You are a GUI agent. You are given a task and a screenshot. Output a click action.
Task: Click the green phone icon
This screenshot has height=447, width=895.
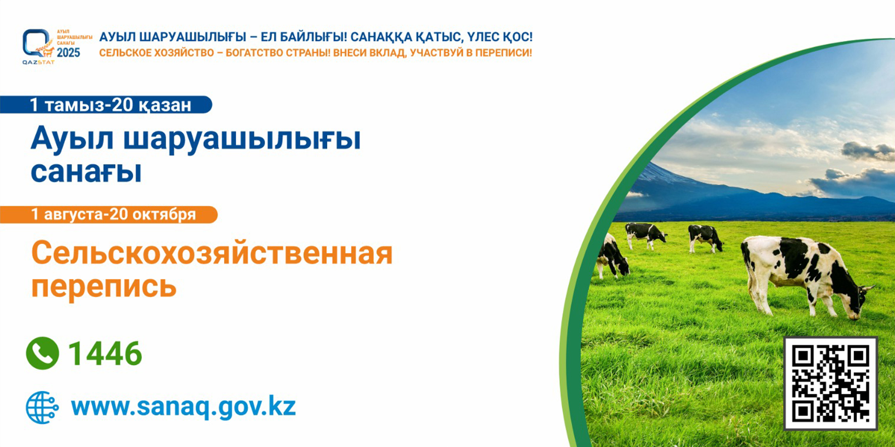click(x=42, y=353)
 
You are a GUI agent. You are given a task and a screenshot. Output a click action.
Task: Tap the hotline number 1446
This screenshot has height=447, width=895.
click(x=105, y=353)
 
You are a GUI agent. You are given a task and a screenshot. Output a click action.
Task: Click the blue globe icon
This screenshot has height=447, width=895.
click(x=42, y=407)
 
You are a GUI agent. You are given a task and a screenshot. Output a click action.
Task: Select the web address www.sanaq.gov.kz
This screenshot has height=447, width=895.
click(x=183, y=407)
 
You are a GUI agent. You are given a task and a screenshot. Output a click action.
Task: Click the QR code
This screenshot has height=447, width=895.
click(x=830, y=383)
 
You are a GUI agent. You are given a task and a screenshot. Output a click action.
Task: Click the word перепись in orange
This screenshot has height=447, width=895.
click(x=104, y=286)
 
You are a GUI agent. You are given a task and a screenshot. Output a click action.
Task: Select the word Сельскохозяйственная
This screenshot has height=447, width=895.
click(x=212, y=253)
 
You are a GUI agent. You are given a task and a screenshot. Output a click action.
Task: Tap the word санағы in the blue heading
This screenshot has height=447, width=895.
click(x=86, y=172)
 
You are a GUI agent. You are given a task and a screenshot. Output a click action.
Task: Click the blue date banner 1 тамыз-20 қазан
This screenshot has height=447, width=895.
click(x=106, y=105)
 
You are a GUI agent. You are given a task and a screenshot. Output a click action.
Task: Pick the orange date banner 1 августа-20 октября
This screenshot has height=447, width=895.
click(x=109, y=214)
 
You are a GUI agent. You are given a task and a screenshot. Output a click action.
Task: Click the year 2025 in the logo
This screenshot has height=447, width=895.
click(x=68, y=53)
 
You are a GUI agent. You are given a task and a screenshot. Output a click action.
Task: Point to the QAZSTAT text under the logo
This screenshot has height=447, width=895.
click(x=38, y=63)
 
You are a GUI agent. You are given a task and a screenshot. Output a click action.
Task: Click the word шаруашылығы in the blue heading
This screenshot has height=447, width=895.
click(x=242, y=140)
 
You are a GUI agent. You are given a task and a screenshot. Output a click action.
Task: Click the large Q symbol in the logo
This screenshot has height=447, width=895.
click(x=35, y=43)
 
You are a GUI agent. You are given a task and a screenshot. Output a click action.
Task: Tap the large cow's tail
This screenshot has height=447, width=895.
click(x=748, y=276)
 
